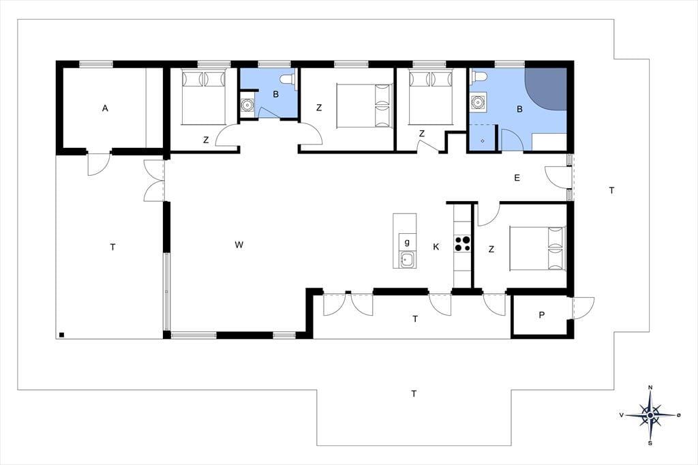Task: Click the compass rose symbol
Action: point(650,415)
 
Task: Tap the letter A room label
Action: point(105,108)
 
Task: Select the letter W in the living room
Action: point(239,245)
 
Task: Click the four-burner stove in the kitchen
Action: point(462,245)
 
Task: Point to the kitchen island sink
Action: point(407,259)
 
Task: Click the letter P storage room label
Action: point(542,315)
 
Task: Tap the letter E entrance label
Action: point(517,178)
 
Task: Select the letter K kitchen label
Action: point(436,247)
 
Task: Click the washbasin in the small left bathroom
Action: point(247,105)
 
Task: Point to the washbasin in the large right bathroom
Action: point(478,102)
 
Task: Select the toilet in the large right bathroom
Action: point(479,76)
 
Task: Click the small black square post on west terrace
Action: point(62,335)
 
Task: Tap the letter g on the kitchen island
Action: point(407,242)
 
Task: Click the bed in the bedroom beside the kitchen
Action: point(537,249)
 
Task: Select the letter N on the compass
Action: point(650,387)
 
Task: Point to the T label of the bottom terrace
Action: point(414,393)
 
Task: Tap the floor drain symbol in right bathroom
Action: point(483,140)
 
